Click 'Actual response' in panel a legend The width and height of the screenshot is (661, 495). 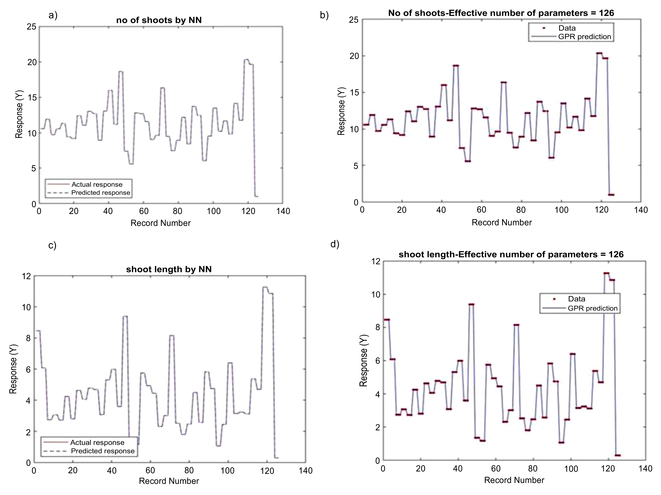tap(97, 185)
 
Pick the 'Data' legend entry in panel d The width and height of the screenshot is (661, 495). tap(576, 299)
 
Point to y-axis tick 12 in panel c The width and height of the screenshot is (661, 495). tap(26, 276)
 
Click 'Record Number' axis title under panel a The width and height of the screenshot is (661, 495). tap(160, 223)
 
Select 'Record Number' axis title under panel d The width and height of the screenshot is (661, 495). tap(514, 480)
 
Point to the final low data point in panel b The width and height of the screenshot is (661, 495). tap(611, 195)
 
